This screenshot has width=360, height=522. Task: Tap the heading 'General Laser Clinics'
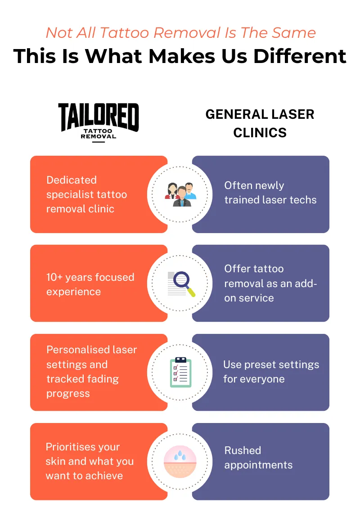click(260, 123)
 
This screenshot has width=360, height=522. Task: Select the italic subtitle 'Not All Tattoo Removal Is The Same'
click(180, 32)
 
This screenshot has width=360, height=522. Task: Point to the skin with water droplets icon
click(180, 461)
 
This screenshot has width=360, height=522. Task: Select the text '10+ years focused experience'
click(90, 284)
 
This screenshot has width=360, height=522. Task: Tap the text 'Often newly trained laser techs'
click(270, 193)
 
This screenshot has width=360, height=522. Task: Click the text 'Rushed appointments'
click(258, 458)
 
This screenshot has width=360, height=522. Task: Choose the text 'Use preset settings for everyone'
click(271, 372)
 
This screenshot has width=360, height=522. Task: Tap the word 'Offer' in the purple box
click(237, 269)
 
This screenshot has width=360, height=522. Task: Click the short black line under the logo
click(99, 142)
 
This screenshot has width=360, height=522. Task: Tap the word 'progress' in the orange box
click(68, 393)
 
